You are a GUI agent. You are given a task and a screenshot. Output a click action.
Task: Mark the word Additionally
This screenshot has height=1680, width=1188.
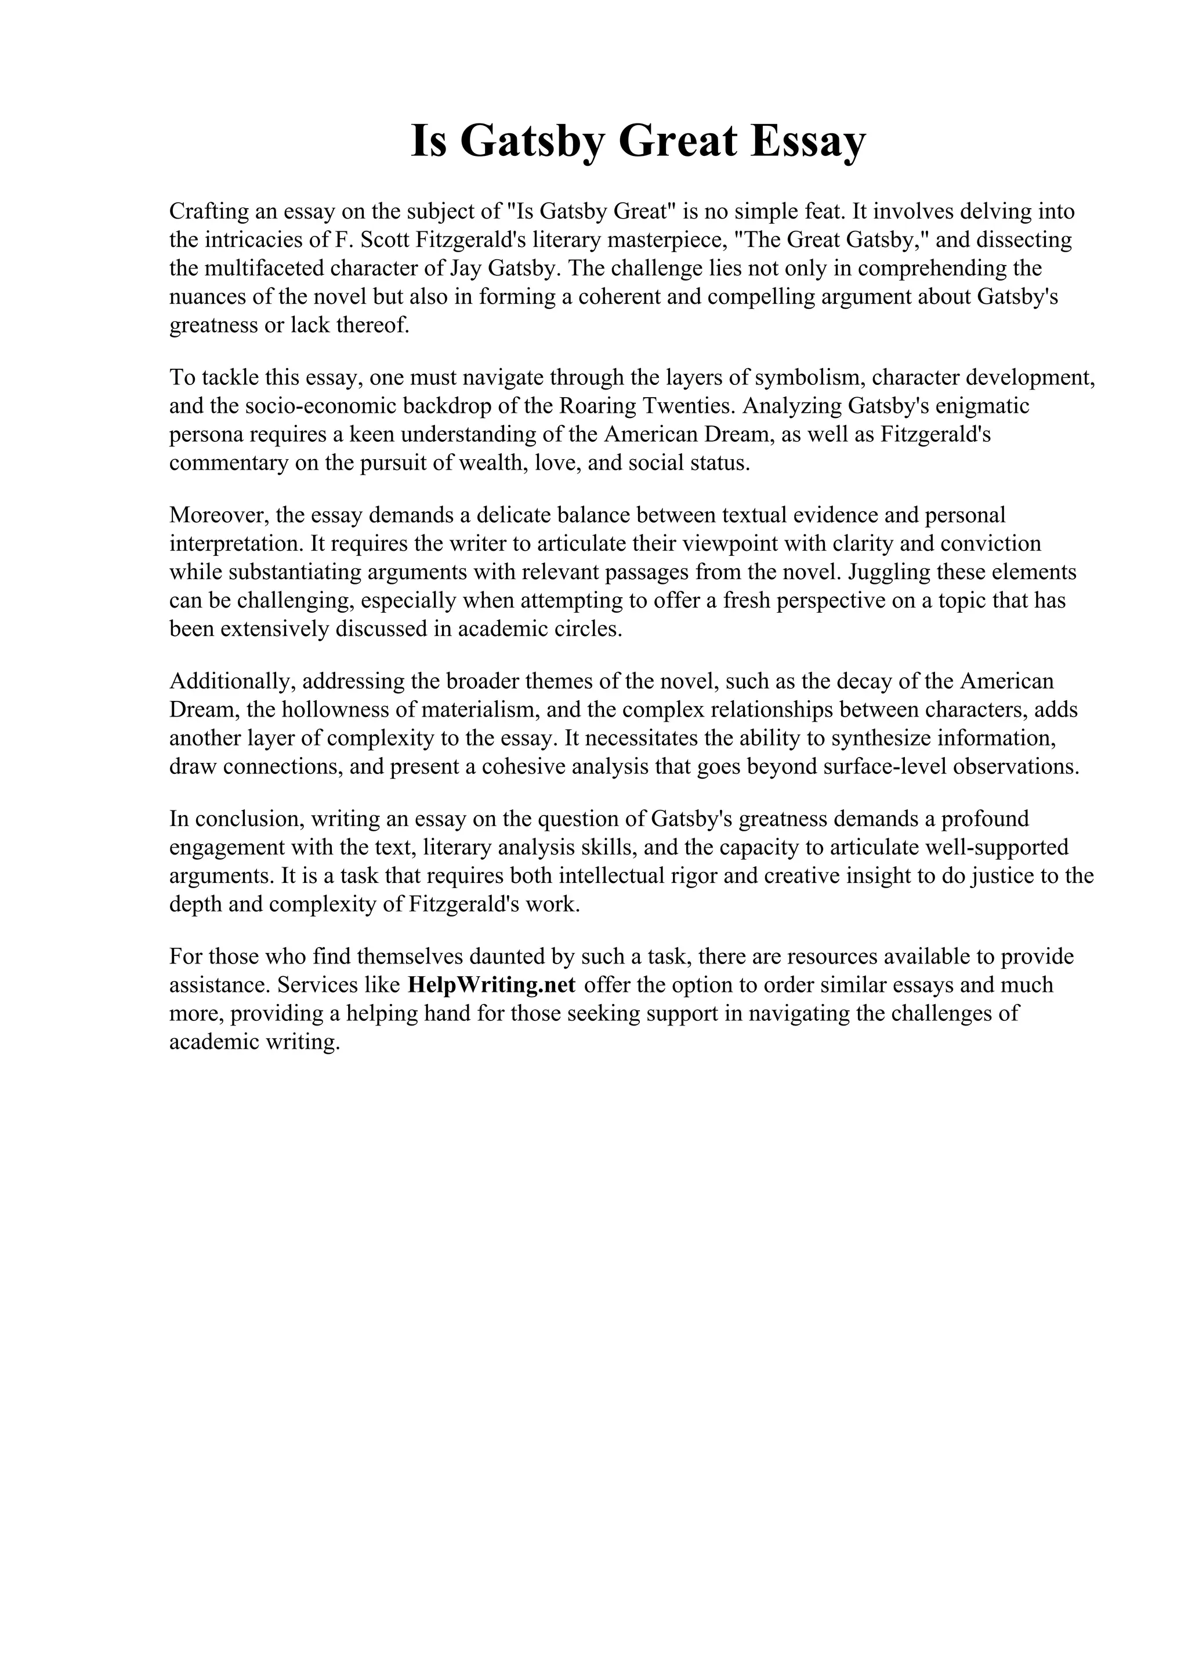(x=231, y=681)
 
